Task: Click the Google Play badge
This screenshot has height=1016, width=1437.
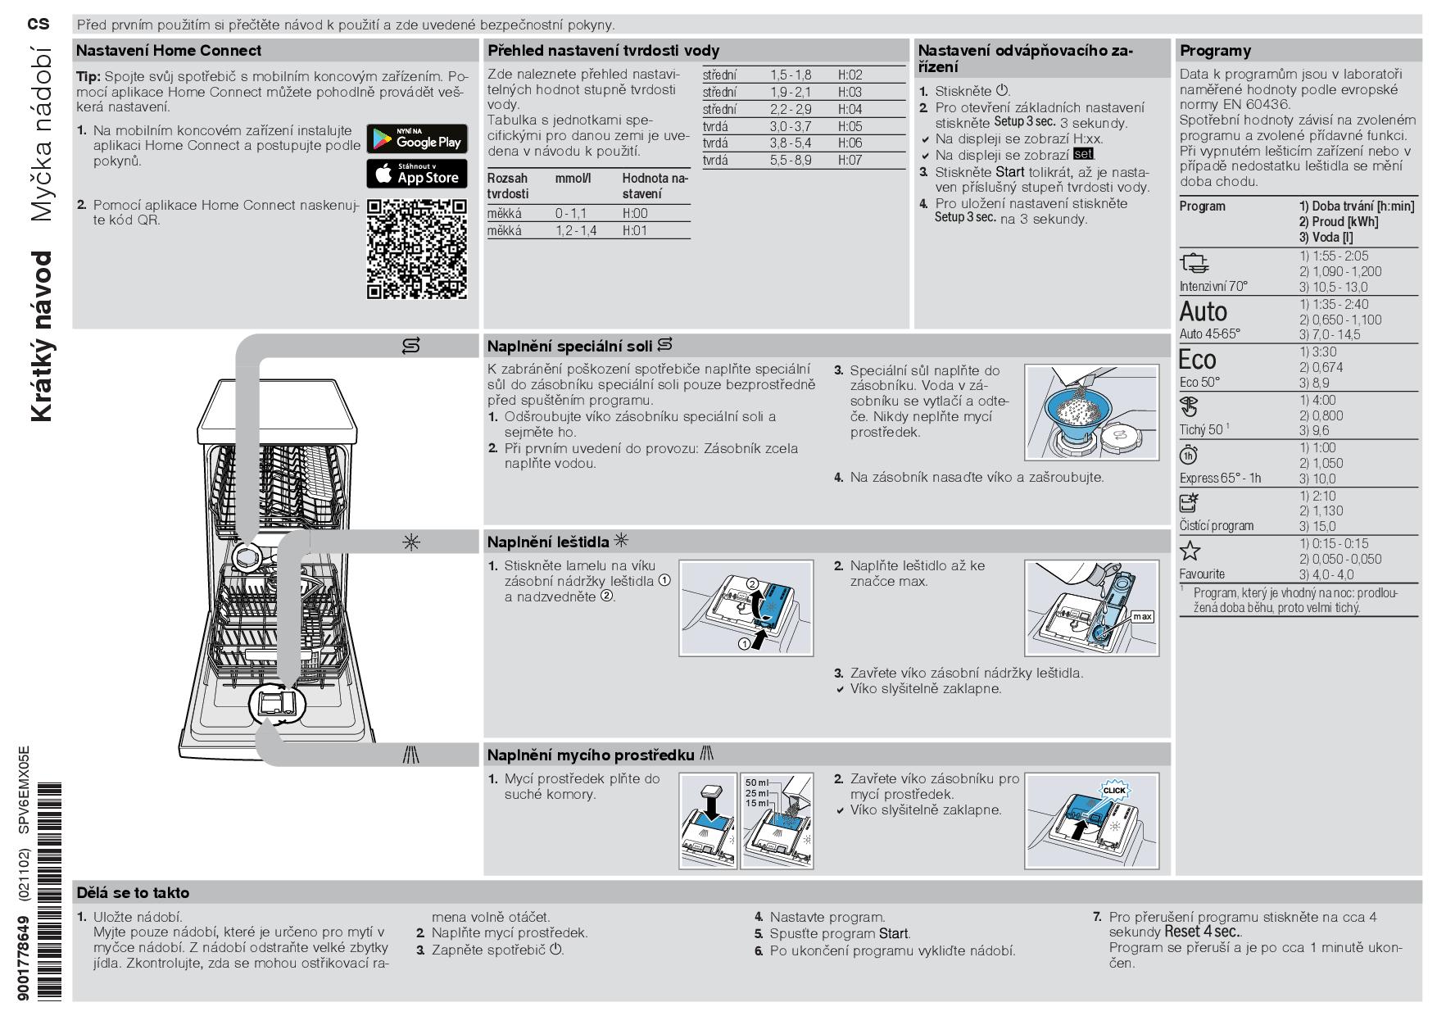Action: tap(416, 138)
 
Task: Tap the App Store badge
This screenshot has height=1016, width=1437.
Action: tap(416, 174)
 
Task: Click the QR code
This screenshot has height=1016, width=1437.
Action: tap(416, 248)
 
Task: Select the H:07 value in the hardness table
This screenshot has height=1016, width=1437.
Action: tap(850, 161)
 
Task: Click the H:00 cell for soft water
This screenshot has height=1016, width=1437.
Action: tap(635, 214)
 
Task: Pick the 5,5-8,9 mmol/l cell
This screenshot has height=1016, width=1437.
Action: tap(790, 161)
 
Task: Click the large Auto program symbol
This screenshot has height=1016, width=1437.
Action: tap(1203, 312)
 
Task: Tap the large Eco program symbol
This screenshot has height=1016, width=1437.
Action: tap(1197, 360)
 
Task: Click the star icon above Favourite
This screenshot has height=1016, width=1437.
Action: tap(1190, 551)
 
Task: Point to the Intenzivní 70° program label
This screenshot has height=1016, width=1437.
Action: tap(1213, 287)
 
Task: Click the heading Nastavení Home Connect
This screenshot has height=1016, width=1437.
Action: tap(169, 51)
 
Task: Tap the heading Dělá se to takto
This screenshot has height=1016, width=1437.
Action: tap(133, 893)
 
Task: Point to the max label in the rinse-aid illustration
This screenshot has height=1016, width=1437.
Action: tap(1141, 616)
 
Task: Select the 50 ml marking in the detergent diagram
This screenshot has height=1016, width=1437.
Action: tap(756, 782)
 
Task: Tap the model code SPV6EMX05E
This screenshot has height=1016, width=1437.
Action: tap(24, 789)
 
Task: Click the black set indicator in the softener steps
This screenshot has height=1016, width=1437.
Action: tap(1083, 154)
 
